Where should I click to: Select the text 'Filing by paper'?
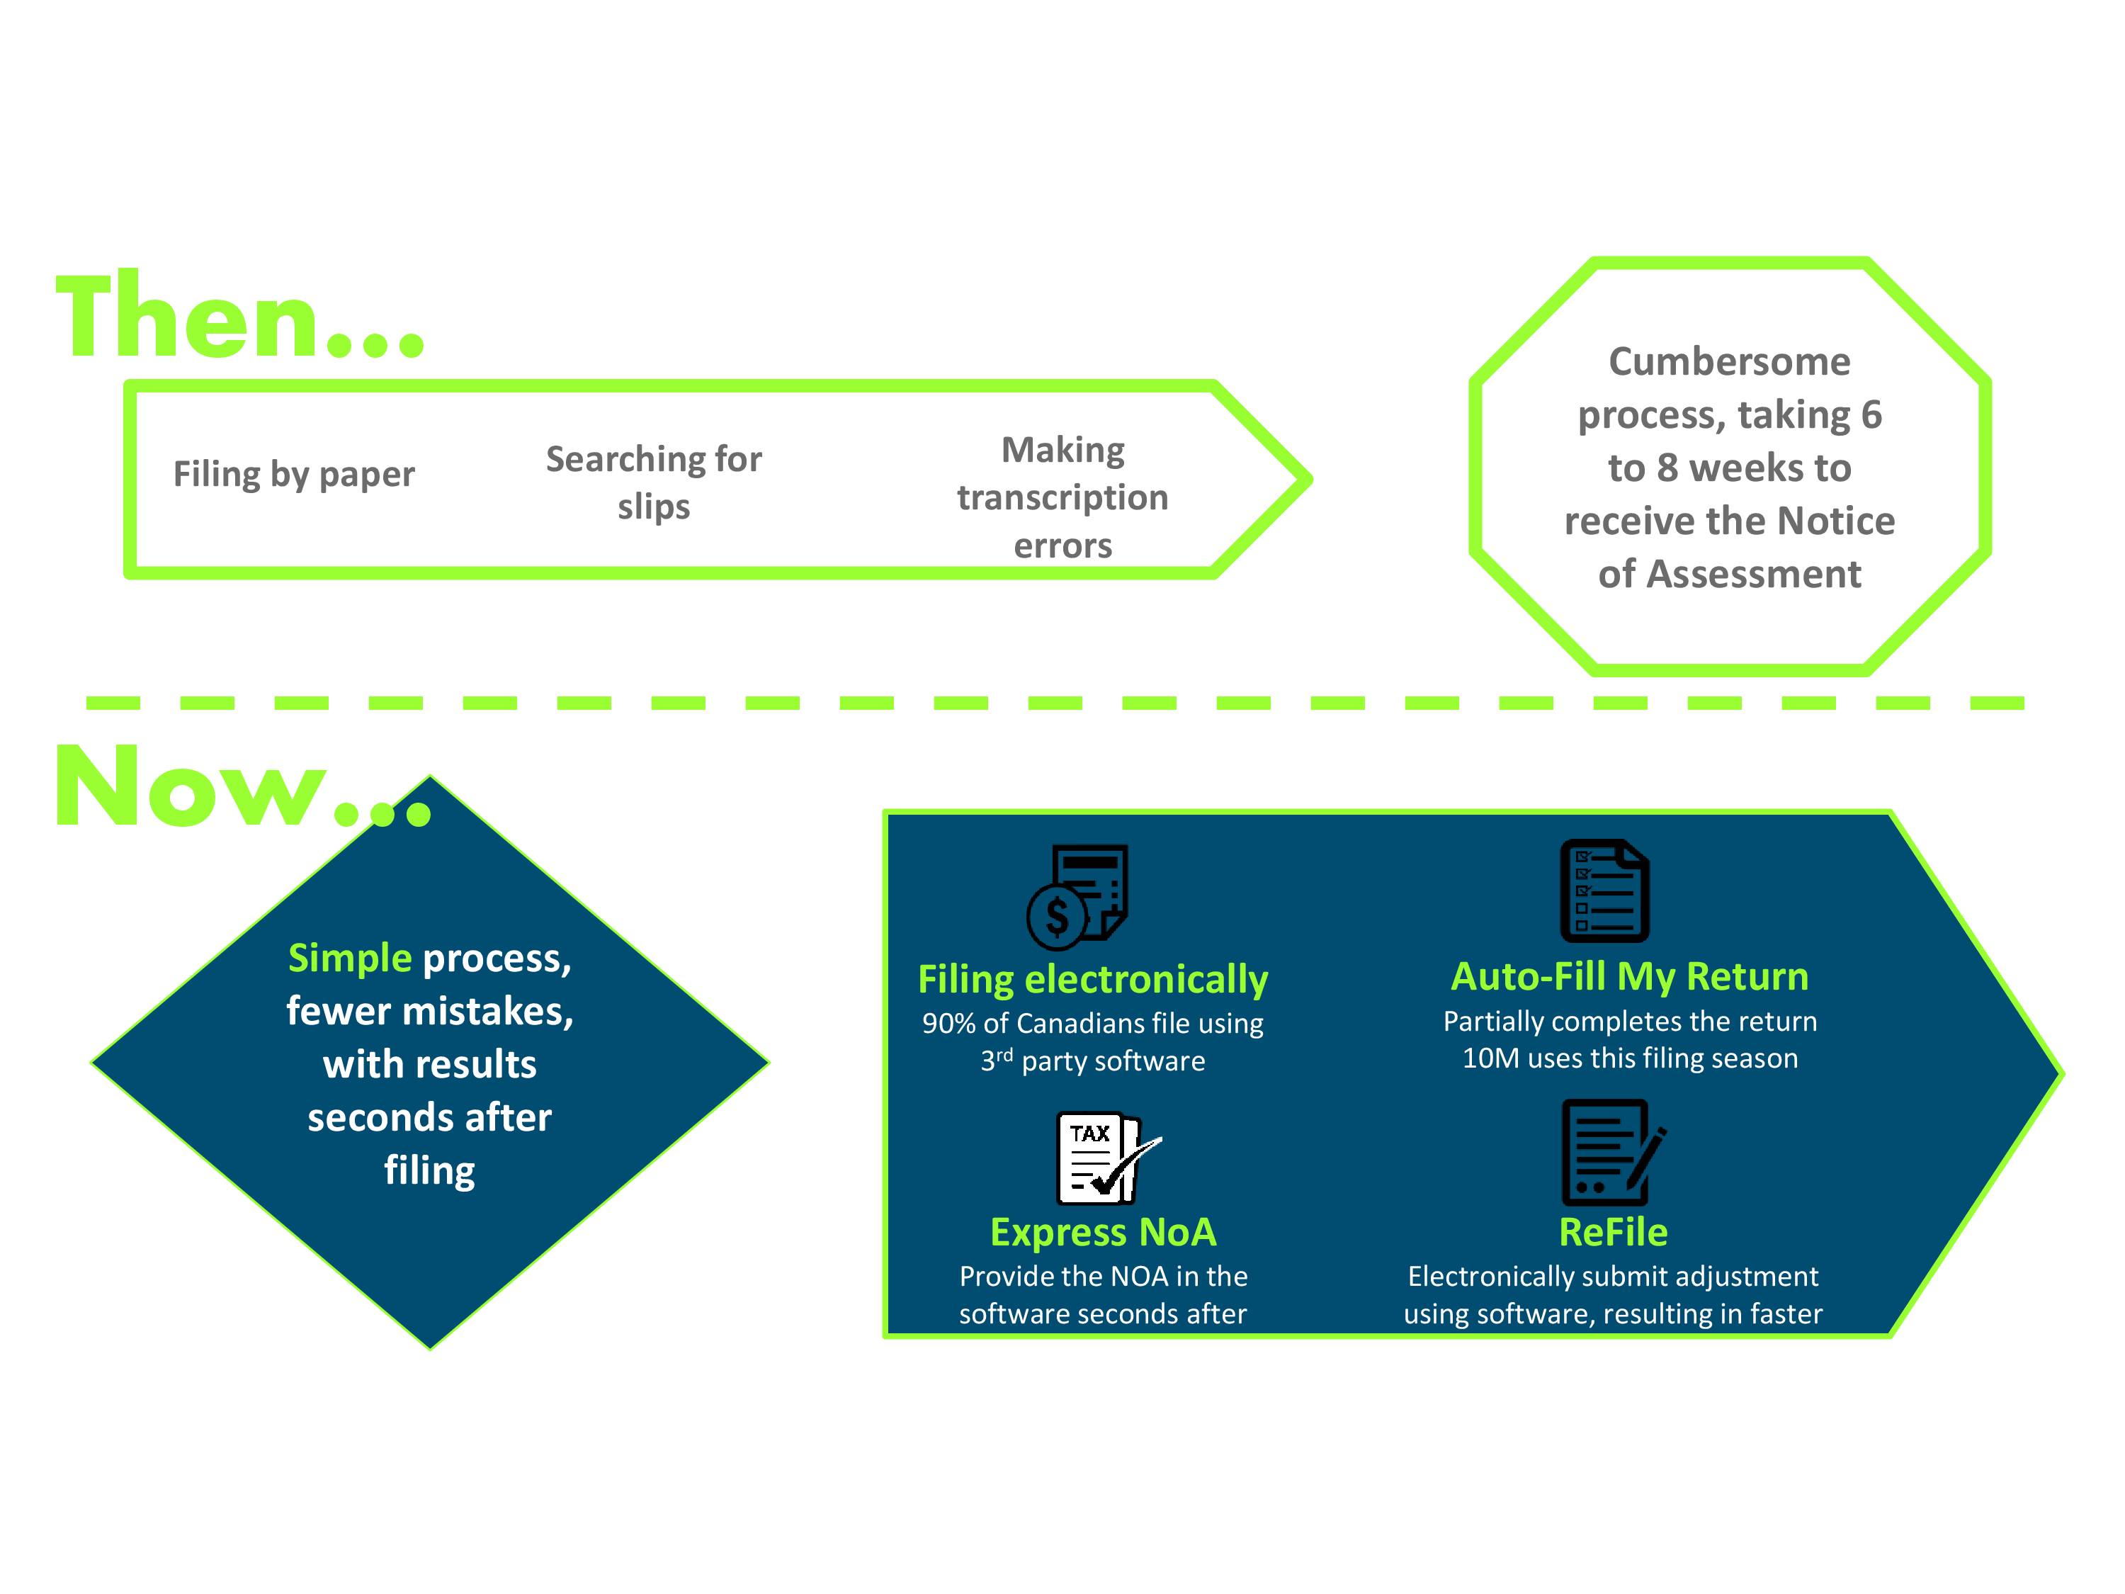[x=294, y=475]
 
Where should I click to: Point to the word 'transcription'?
[x=1062, y=498]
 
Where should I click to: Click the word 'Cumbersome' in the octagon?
[x=1729, y=361]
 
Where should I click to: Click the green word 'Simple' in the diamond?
[x=350, y=959]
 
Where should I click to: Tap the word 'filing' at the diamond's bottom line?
[x=429, y=1171]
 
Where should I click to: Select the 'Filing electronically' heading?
[x=1093, y=980]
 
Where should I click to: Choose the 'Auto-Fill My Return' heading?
[x=1631, y=976]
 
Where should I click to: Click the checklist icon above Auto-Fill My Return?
[x=1604, y=891]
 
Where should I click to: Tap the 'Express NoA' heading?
[x=1103, y=1232]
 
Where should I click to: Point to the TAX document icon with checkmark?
[x=1106, y=1158]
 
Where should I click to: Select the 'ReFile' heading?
[x=1613, y=1232]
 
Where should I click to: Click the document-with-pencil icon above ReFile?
[x=1613, y=1152]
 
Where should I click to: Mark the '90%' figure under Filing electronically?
[x=949, y=1023]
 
